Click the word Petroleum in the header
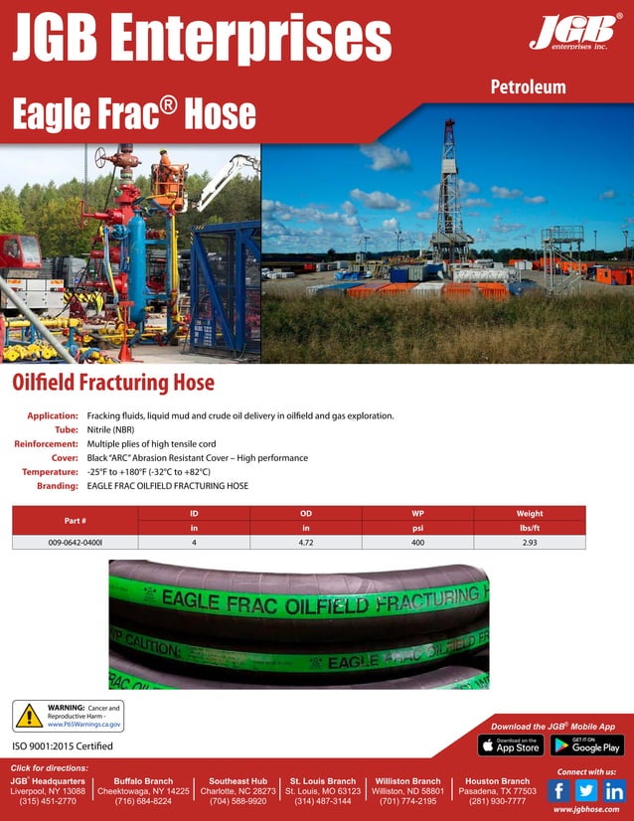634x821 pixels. point(528,86)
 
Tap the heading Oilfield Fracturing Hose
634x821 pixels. point(112,382)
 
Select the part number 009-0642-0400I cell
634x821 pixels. point(75,542)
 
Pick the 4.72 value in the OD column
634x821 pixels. point(306,542)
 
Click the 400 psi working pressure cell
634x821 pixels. point(417,542)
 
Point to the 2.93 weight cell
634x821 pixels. point(530,542)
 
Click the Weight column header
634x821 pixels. point(530,513)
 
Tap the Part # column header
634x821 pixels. point(75,520)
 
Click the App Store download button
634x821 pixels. point(510,744)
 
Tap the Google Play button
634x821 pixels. point(586,744)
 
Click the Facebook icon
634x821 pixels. point(559,790)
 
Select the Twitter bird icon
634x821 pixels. point(586,790)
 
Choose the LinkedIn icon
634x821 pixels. point(614,790)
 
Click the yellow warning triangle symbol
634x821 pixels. point(28,716)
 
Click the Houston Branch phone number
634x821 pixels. point(497,800)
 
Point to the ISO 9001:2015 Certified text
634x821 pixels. point(62,745)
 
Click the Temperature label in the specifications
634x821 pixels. point(50,472)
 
